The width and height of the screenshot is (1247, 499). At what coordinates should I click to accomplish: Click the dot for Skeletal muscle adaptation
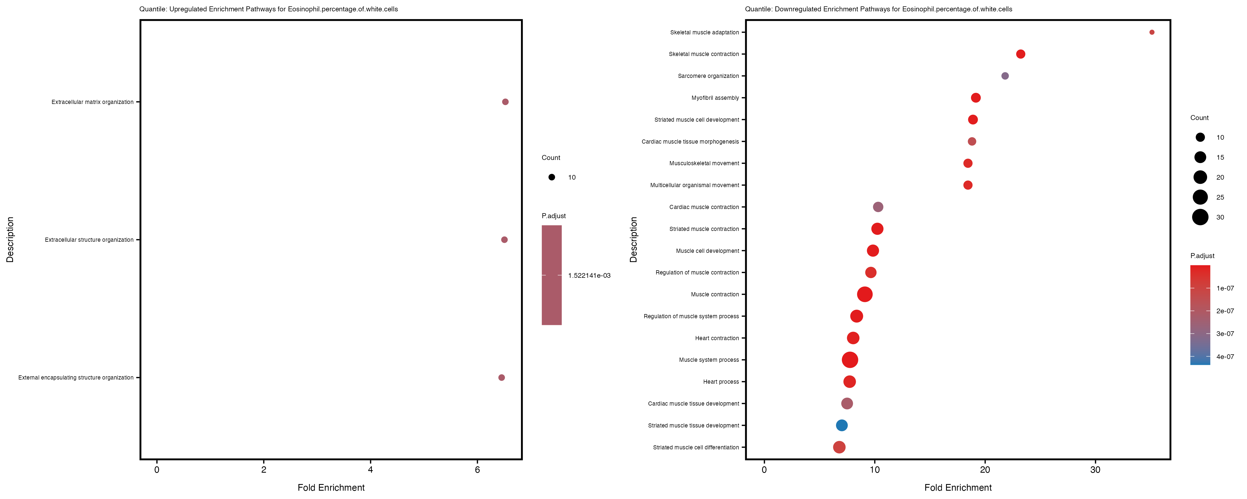1152,32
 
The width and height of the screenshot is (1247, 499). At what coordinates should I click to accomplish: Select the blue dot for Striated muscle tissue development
842,425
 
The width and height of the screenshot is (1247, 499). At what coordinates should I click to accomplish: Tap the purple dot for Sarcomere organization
1005,76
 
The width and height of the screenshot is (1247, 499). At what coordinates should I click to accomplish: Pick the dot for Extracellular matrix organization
505,102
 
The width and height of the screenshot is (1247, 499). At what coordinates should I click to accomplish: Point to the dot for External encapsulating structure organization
502,377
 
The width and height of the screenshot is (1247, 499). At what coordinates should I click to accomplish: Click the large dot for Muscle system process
850,360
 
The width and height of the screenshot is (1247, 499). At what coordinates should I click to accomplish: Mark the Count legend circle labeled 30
1200,217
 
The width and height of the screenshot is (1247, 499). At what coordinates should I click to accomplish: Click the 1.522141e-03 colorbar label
589,276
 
